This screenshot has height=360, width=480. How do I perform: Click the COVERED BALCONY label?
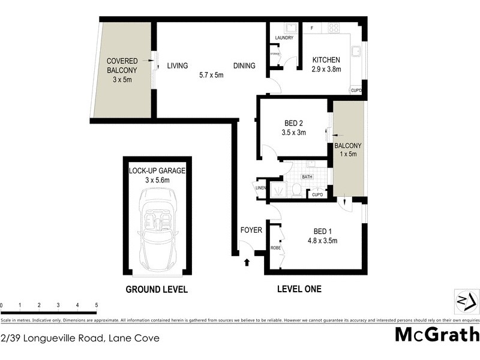[x=122, y=65]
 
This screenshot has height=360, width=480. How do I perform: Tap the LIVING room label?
[x=178, y=66]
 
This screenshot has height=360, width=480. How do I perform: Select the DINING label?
[x=245, y=66]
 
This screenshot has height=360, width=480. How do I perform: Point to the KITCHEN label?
[x=326, y=60]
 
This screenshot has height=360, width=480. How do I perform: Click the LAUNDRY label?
[x=284, y=38]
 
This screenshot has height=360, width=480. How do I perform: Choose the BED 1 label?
[x=326, y=232]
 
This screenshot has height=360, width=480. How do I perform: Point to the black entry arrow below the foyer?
[x=247, y=261]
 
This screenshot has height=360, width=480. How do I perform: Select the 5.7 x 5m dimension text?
[x=211, y=76]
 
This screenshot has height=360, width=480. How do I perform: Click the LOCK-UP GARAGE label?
[x=157, y=170]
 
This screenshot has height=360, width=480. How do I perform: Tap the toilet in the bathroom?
[x=296, y=190]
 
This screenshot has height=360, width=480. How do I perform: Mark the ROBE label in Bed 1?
[x=276, y=247]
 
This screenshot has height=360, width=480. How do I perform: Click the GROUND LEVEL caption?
[x=157, y=289]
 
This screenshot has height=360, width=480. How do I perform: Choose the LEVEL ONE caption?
[x=299, y=289]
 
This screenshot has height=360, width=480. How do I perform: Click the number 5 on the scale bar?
[x=97, y=305]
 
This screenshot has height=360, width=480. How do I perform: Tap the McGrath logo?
[x=437, y=335]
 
